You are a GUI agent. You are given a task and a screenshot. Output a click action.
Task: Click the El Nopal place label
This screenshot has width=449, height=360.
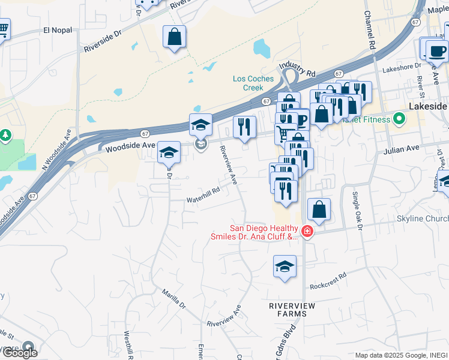58,29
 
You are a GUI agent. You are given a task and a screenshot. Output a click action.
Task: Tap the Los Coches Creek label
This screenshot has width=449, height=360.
253,83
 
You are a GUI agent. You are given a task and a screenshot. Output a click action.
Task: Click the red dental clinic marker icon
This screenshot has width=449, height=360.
307,231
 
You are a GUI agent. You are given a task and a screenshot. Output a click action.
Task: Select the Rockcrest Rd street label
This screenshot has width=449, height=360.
328,281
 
